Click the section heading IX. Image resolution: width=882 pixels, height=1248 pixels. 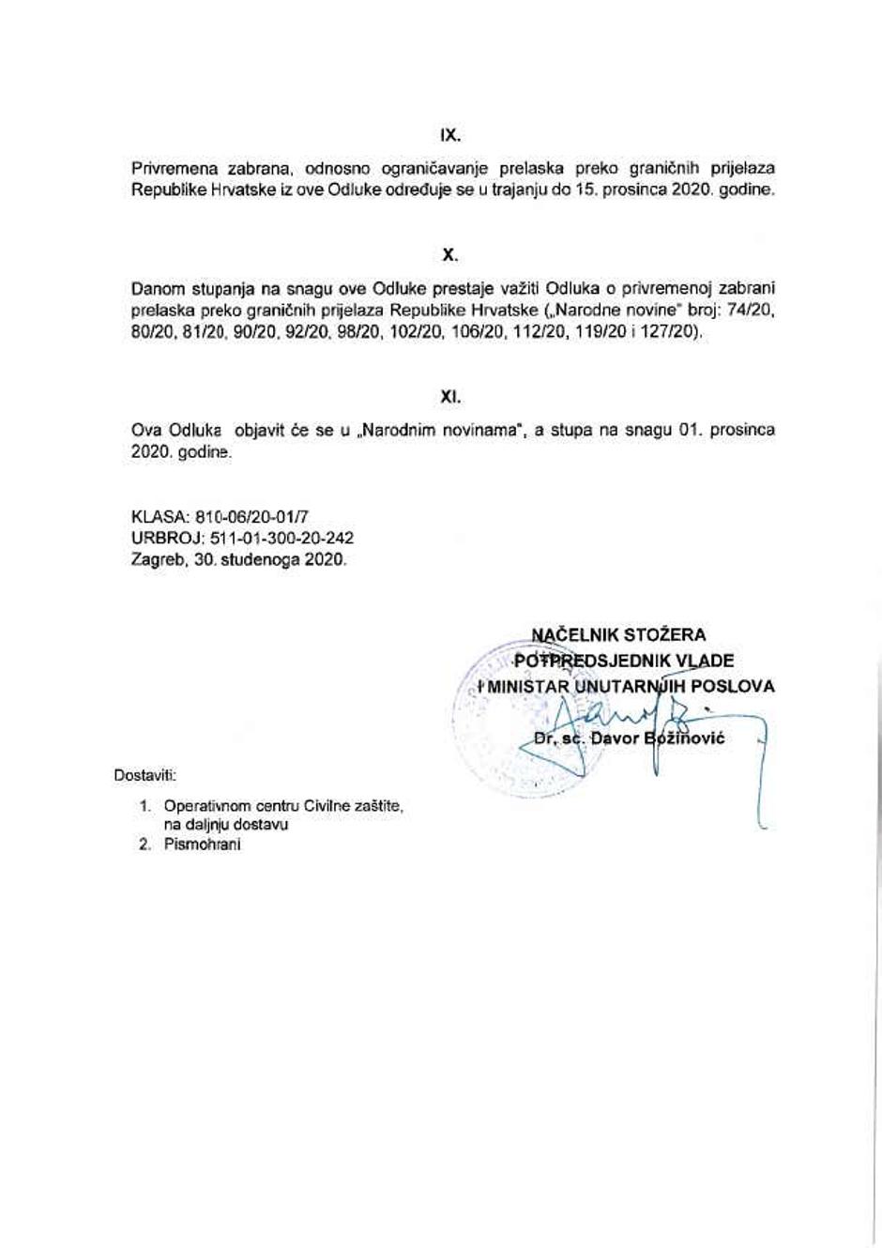point(450,134)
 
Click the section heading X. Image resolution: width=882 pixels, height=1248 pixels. point(450,254)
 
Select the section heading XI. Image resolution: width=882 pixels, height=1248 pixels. point(450,397)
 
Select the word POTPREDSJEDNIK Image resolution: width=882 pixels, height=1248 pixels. point(590,661)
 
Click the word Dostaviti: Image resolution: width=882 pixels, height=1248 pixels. point(144,775)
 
